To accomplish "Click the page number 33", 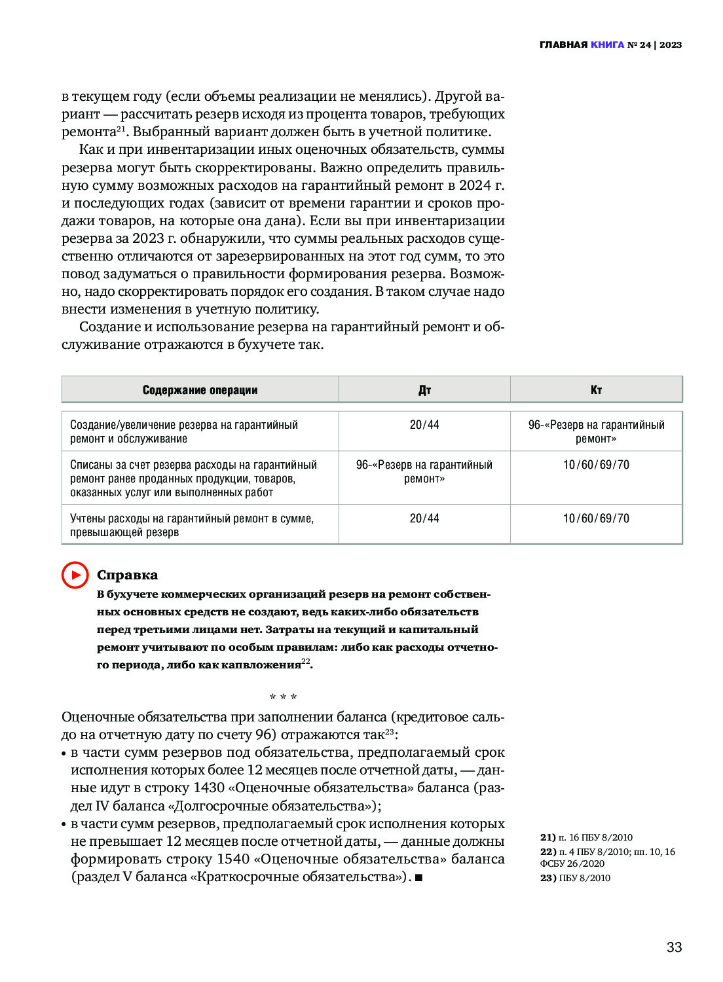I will pos(674,947).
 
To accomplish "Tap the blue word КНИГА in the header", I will pos(607,45).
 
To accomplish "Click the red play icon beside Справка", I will pos(75,575).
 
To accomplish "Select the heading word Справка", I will pos(127,575).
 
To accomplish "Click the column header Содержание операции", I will pos(200,390).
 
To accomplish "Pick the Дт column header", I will pos(424,390).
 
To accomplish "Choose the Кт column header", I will pos(596,390).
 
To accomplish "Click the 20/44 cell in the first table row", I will pos(424,425).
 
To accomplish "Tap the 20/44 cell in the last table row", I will pos(424,518).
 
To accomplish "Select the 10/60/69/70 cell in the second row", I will pos(596,465).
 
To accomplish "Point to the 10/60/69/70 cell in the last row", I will pos(596,518).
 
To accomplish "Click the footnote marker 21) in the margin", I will pos(547,837).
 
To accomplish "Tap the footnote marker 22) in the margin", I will pos(547,852).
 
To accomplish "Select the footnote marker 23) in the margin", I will pos(547,878).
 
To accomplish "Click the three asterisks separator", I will pos(283,698).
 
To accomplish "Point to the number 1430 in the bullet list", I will pos(209,788).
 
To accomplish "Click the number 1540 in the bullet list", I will pos(233,859).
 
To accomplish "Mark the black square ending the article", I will pos(418,877).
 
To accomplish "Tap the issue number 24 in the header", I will pos(645,45).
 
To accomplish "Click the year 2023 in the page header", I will pos(671,45).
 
